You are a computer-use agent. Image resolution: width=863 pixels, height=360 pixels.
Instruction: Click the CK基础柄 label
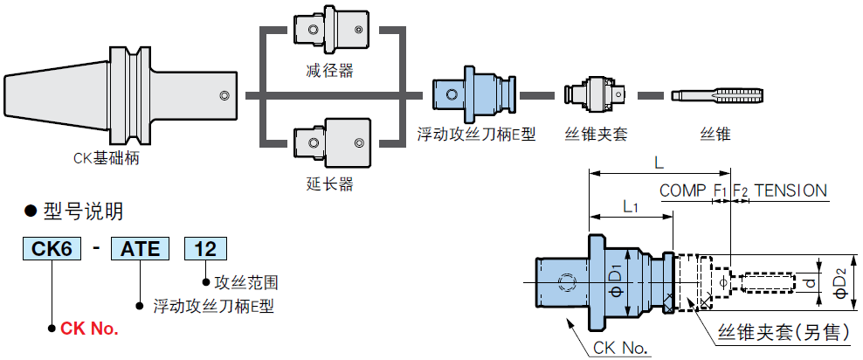pyautogui.click(x=107, y=158)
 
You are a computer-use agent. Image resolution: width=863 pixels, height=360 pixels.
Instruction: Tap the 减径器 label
pyautogui.click(x=329, y=71)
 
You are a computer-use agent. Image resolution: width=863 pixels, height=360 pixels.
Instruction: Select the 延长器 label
pyautogui.click(x=329, y=183)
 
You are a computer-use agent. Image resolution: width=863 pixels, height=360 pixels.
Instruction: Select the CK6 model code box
pyautogui.click(x=52, y=249)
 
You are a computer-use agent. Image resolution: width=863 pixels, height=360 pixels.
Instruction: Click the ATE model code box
pyautogui.click(x=140, y=249)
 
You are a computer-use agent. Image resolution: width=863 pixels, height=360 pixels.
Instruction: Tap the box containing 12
pyautogui.click(x=205, y=249)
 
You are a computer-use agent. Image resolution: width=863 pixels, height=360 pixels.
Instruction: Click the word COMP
pyautogui.click(x=683, y=190)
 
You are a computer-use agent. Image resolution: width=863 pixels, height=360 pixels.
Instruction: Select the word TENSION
pyautogui.click(x=791, y=190)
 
